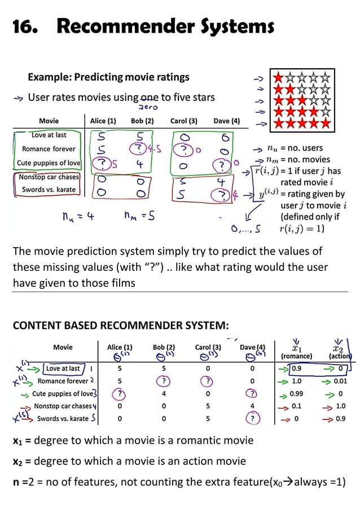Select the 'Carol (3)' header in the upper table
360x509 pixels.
pos(183,121)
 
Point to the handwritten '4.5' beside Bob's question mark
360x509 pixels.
pos(154,149)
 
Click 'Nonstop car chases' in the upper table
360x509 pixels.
pos(49,177)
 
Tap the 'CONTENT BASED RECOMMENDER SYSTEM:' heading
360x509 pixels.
pos(121,326)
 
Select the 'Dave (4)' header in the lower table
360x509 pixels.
pos(252,348)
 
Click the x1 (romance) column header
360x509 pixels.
pos(296,352)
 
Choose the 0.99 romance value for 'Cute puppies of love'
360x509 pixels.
pos(296,393)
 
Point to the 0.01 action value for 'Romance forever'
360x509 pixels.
pos(340,381)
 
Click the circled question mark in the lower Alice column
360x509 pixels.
pos(120,394)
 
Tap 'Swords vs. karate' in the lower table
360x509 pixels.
pos(63,419)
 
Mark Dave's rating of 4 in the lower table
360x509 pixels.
pos(252,406)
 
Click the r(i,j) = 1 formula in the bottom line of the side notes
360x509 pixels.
pos(305,229)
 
